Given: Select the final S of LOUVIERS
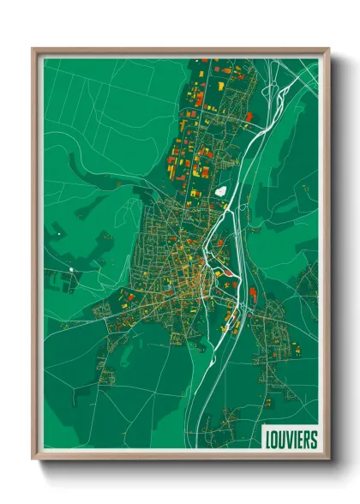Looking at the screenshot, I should click(314, 440).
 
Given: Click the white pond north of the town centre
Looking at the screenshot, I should click(222, 192).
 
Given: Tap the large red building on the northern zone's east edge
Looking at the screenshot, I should click(249, 117).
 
